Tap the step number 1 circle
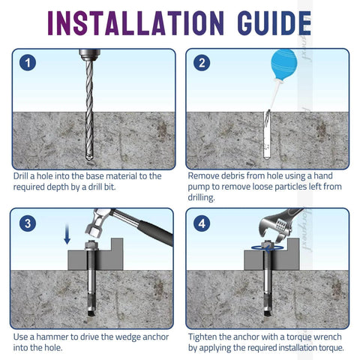click(x=28, y=63)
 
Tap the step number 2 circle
click(x=202, y=63)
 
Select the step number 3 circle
click(x=28, y=223)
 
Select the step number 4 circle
click(x=202, y=223)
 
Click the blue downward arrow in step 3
click(x=66, y=237)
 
